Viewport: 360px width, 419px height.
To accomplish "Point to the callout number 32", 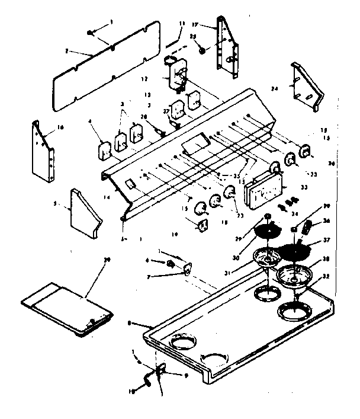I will coord(327,277).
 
